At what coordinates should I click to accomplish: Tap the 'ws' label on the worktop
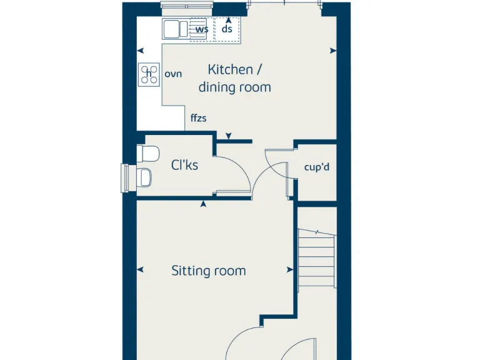pos(201,29)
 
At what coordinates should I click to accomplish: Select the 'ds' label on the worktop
pos(227,29)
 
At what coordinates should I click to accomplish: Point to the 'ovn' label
pos(173,74)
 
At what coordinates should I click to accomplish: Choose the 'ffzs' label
pos(198,117)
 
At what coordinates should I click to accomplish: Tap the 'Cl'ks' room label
pos(184,165)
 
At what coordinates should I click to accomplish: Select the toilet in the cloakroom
pos(149,153)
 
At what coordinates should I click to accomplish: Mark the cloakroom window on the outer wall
pos(125,177)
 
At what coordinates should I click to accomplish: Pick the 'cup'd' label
pos(316,167)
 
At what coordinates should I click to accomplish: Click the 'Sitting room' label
pos(209,271)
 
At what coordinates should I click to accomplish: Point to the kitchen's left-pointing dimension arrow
pos(141,51)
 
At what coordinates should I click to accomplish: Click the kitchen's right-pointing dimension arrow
pos(333,51)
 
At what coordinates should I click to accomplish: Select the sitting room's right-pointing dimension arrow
pos(289,270)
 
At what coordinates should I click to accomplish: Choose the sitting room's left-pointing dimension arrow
pos(141,270)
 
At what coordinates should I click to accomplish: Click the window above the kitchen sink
pos(186,6)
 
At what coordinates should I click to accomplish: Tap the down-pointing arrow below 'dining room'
pos(229,135)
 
